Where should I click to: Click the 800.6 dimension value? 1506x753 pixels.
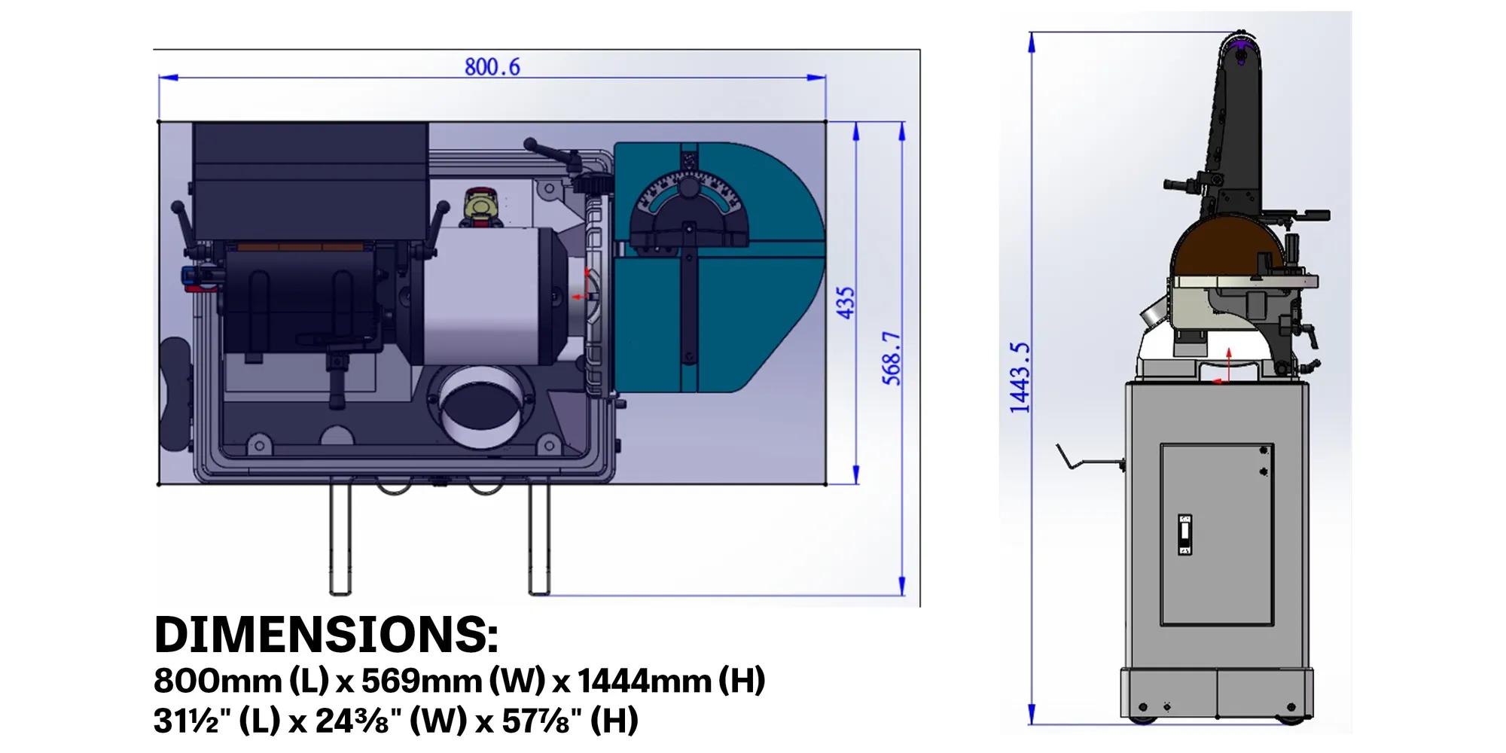click(x=492, y=67)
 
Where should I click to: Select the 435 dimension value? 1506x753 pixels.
click(x=846, y=303)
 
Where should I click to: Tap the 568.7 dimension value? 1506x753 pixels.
click(x=892, y=358)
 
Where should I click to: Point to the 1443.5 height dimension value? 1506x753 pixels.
click(x=1020, y=377)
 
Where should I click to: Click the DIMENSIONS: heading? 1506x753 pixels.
click(x=326, y=636)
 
